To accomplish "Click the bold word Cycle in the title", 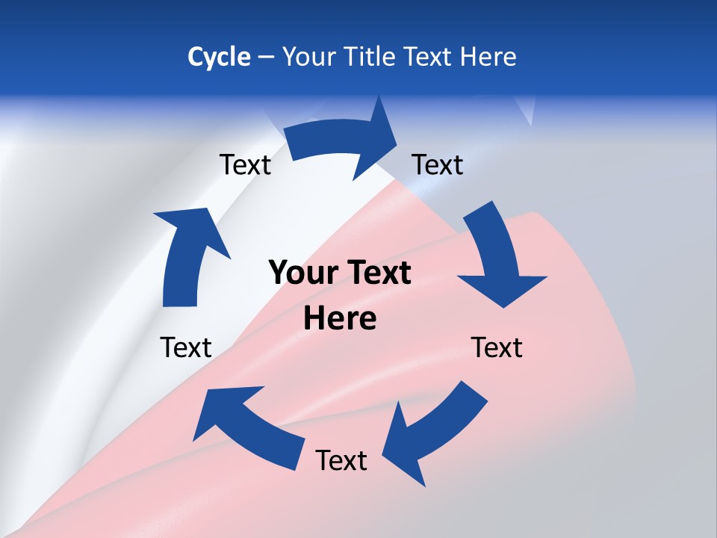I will [219, 57].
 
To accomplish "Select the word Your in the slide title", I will [308, 57].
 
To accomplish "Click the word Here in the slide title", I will [486, 57].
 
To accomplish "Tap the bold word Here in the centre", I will [340, 319].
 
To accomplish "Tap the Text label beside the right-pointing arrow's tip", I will [438, 164].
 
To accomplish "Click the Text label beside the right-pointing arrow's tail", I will [245, 164].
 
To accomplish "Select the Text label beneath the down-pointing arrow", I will [497, 347].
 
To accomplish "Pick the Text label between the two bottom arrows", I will [341, 460].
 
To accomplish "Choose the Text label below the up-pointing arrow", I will [186, 347].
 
